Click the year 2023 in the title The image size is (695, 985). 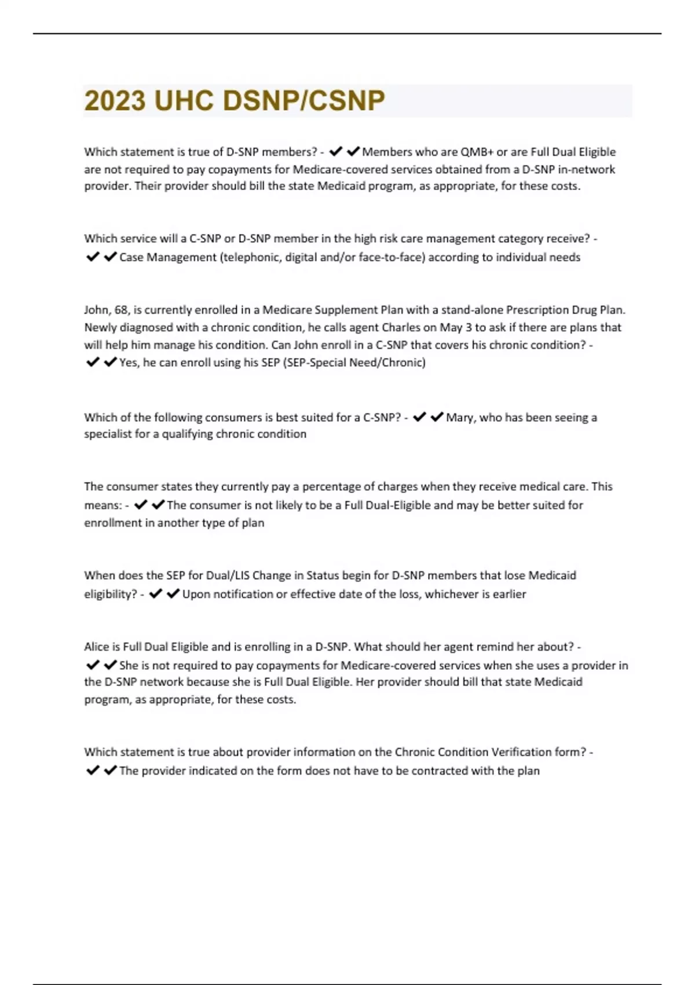(115, 101)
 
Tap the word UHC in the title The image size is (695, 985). (184, 101)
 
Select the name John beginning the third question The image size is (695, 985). (96, 310)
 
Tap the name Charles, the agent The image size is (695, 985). (401, 327)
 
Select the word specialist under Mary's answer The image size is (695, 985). (108, 434)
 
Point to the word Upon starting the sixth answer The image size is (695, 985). (196, 594)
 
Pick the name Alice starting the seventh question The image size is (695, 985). (97, 647)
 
